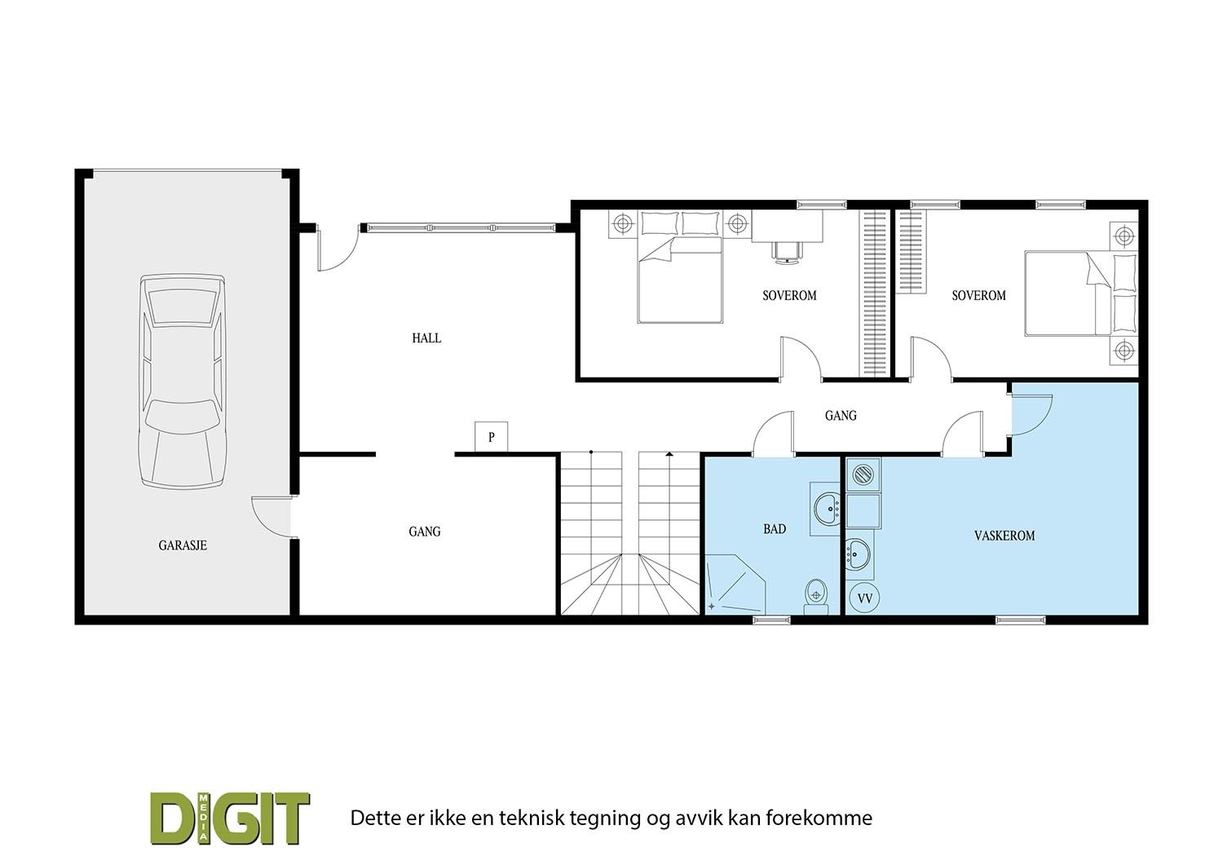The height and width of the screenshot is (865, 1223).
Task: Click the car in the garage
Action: pyautogui.click(x=182, y=382)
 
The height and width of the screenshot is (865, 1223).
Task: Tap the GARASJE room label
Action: pyautogui.click(x=182, y=545)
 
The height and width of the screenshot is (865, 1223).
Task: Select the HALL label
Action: pyautogui.click(x=426, y=338)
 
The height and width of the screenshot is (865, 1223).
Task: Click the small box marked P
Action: pyautogui.click(x=492, y=437)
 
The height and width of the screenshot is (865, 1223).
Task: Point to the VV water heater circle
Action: pyautogui.click(x=865, y=598)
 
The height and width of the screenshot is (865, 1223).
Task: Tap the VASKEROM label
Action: pyautogui.click(x=1004, y=536)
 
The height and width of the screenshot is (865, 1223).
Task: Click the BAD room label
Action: pyautogui.click(x=775, y=529)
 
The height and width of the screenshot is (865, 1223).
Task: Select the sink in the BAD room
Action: pyautogui.click(x=826, y=508)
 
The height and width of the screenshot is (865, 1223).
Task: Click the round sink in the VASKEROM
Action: pyautogui.click(x=859, y=554)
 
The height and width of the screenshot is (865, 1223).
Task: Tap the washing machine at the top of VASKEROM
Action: pyautogui.click(x=862, y=473)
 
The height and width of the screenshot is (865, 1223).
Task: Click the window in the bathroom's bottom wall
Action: pyautogui.click(x=771, y=620)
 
